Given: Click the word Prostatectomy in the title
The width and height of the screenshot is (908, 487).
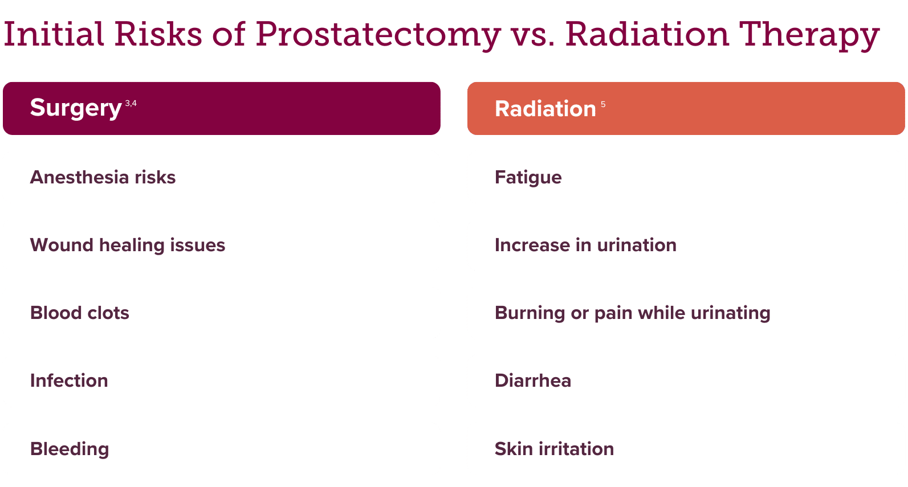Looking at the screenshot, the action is tap(378, 36).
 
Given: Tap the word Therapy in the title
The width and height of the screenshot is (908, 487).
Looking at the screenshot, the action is tap(809, 36).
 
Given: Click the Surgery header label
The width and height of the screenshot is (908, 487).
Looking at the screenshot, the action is tap(76, 108).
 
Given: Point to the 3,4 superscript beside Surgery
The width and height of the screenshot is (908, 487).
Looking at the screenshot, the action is tap(131, 103).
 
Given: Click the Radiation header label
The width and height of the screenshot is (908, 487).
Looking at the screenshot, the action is tap(545, 109).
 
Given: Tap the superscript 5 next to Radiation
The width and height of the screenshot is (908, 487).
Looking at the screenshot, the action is tap(603, 105).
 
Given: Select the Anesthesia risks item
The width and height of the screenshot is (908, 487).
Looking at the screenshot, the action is tap(103, 178).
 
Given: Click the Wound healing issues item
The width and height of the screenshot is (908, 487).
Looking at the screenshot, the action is tap(128, 245).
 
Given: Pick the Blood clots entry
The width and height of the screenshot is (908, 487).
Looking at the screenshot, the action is tap(79, 313).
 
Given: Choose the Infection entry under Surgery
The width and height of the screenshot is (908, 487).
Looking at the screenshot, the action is tap(69, 380).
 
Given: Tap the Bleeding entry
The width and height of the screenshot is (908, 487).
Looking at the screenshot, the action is tap(70, 449).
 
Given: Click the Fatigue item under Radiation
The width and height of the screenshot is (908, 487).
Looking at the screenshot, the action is tap(528, 178).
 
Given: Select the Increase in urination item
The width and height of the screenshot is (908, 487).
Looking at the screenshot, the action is tap(586, 245).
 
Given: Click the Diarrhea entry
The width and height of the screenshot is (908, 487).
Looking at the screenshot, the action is tap(533, 380).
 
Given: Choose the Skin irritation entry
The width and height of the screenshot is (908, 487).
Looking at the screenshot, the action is tap(555, 448).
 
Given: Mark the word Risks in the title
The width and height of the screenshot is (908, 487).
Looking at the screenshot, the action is tap(158, 34).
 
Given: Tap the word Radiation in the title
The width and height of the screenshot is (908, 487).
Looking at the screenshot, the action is tap(647, 34).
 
